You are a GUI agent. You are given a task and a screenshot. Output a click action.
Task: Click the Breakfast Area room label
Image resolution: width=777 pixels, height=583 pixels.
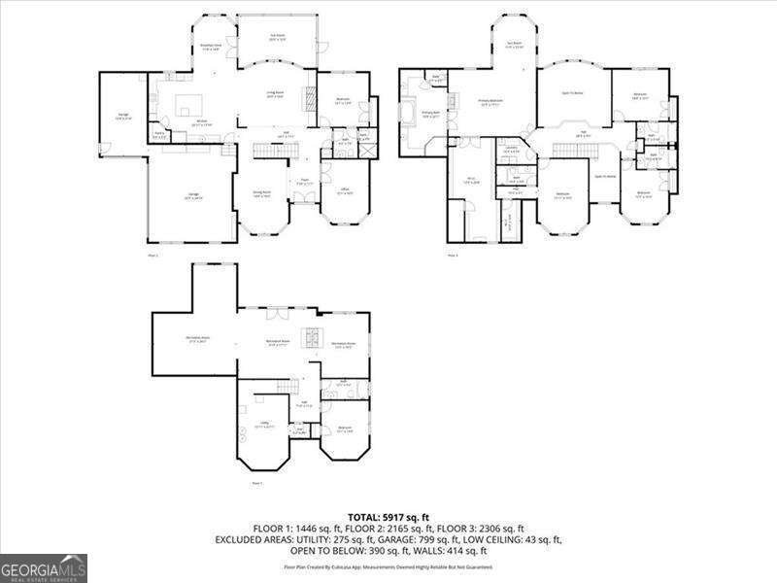211,46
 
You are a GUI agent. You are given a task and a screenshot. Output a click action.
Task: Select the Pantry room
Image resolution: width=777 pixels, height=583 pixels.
158,136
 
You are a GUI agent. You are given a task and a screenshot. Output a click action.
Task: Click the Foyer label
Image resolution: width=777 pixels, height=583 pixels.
304,180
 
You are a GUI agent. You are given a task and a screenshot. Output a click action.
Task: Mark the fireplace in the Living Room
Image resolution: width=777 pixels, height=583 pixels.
311,97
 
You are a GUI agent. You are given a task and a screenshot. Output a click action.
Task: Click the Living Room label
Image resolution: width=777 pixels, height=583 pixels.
275,93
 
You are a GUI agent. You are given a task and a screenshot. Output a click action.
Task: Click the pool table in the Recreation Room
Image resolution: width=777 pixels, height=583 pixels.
313,337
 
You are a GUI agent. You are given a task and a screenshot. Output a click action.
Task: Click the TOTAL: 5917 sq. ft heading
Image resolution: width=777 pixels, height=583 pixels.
388,516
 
